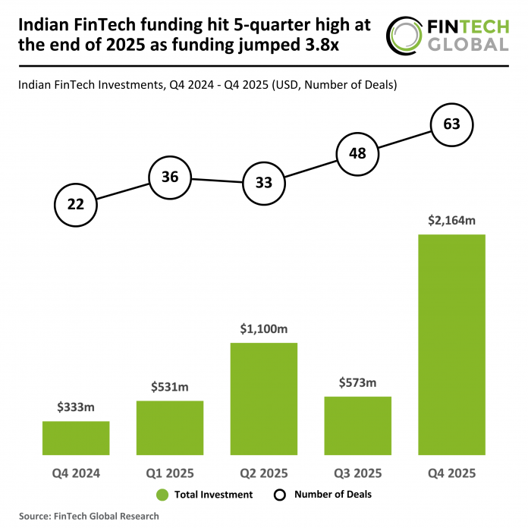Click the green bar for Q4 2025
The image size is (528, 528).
451,344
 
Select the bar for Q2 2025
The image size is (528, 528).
263,398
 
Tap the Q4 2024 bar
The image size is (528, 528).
76,437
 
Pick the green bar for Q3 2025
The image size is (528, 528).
357,424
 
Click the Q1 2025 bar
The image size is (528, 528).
169,426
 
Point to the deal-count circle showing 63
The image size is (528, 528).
451,124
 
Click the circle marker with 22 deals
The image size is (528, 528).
76,204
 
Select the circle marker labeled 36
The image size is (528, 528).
169,178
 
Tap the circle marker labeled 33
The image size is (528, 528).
263,183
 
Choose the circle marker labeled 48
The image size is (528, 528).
357,153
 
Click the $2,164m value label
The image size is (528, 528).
451,220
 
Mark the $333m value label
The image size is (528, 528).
76,407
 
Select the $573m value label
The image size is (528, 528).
357,383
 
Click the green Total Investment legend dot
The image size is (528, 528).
162,495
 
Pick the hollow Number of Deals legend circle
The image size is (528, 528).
279,495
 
